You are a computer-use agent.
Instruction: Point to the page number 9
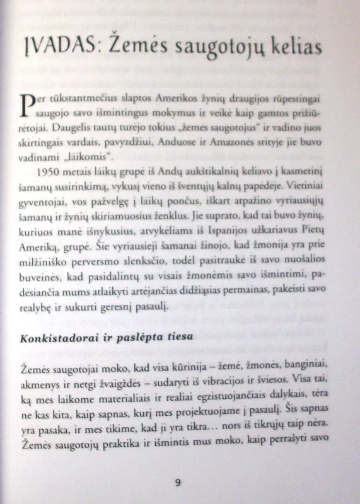click(x=177, y=482)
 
